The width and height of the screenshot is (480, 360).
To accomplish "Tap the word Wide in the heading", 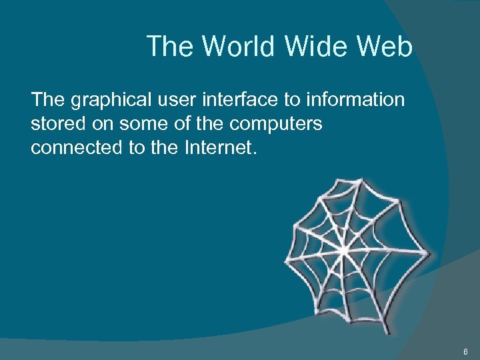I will (315, 47).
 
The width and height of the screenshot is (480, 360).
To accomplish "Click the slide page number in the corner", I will (465, 350).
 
